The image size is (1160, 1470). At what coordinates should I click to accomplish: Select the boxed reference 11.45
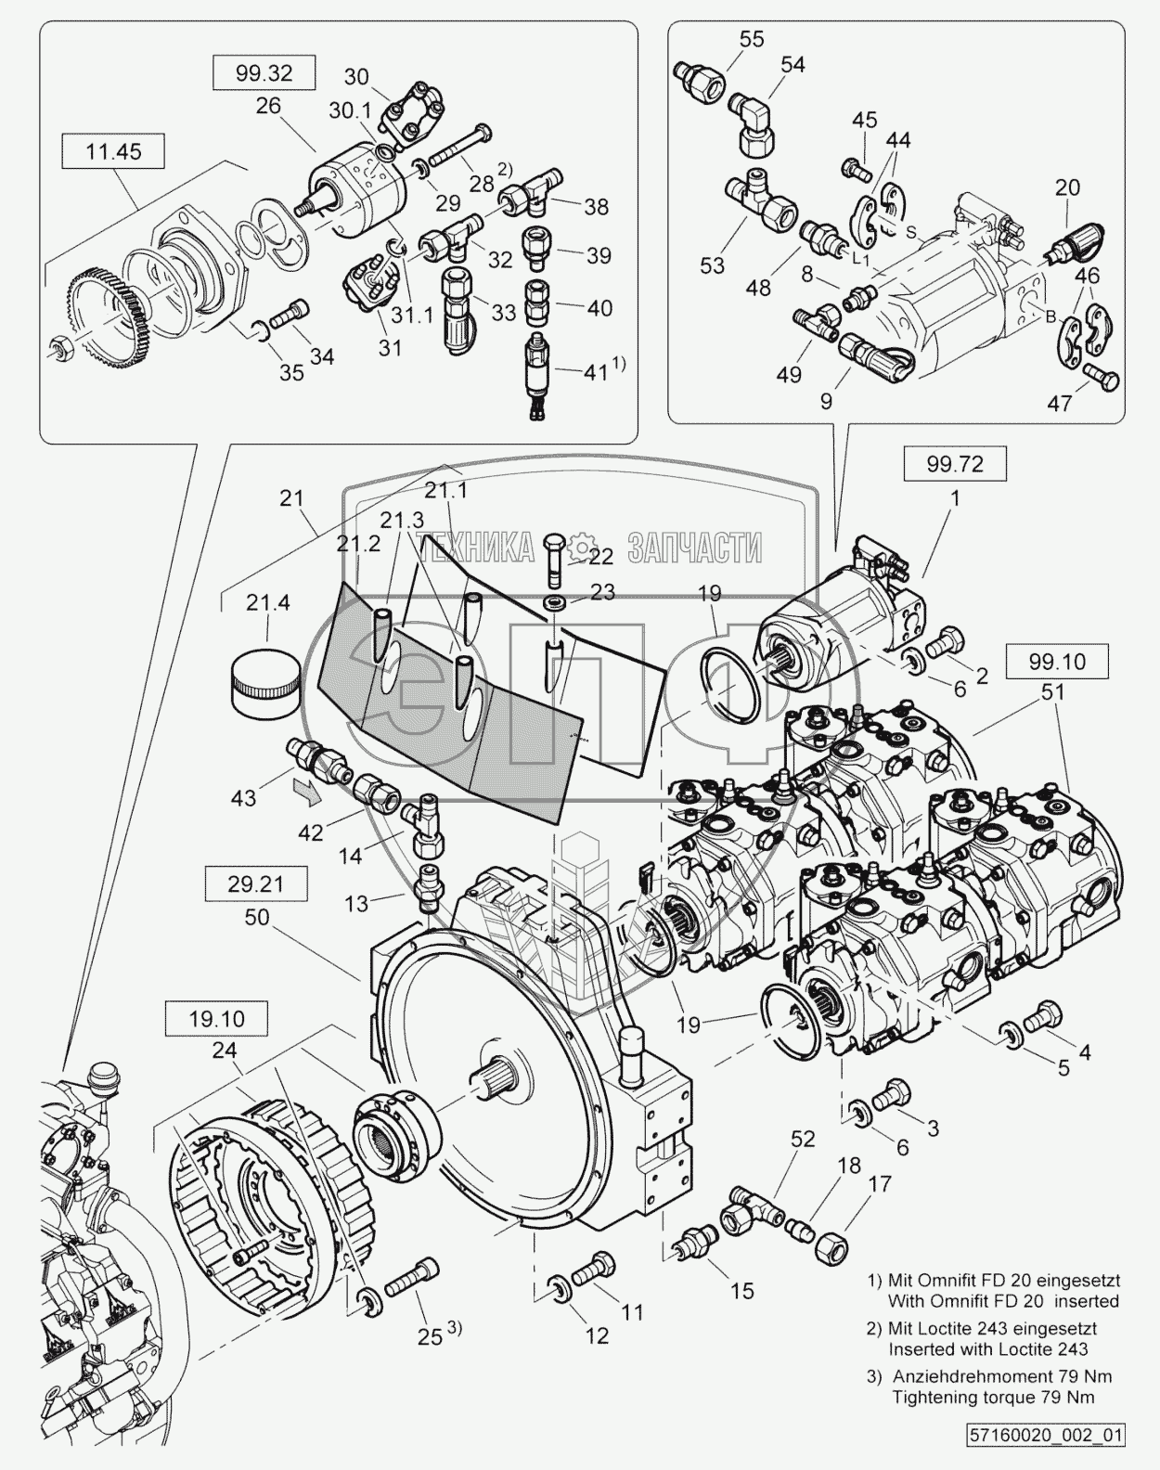(x=113, y=151)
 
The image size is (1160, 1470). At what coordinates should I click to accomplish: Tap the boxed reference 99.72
(x=954, y=463)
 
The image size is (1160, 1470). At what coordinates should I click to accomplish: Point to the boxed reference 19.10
(x=216, y=1018)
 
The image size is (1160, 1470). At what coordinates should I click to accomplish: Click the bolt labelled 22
(x=555, y=560)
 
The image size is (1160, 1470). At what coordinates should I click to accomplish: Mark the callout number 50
(x=257, y=917)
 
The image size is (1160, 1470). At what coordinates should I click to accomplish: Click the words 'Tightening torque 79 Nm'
(x=993, y=1397)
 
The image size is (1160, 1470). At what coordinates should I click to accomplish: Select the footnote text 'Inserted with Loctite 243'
(x=987, y=1349)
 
